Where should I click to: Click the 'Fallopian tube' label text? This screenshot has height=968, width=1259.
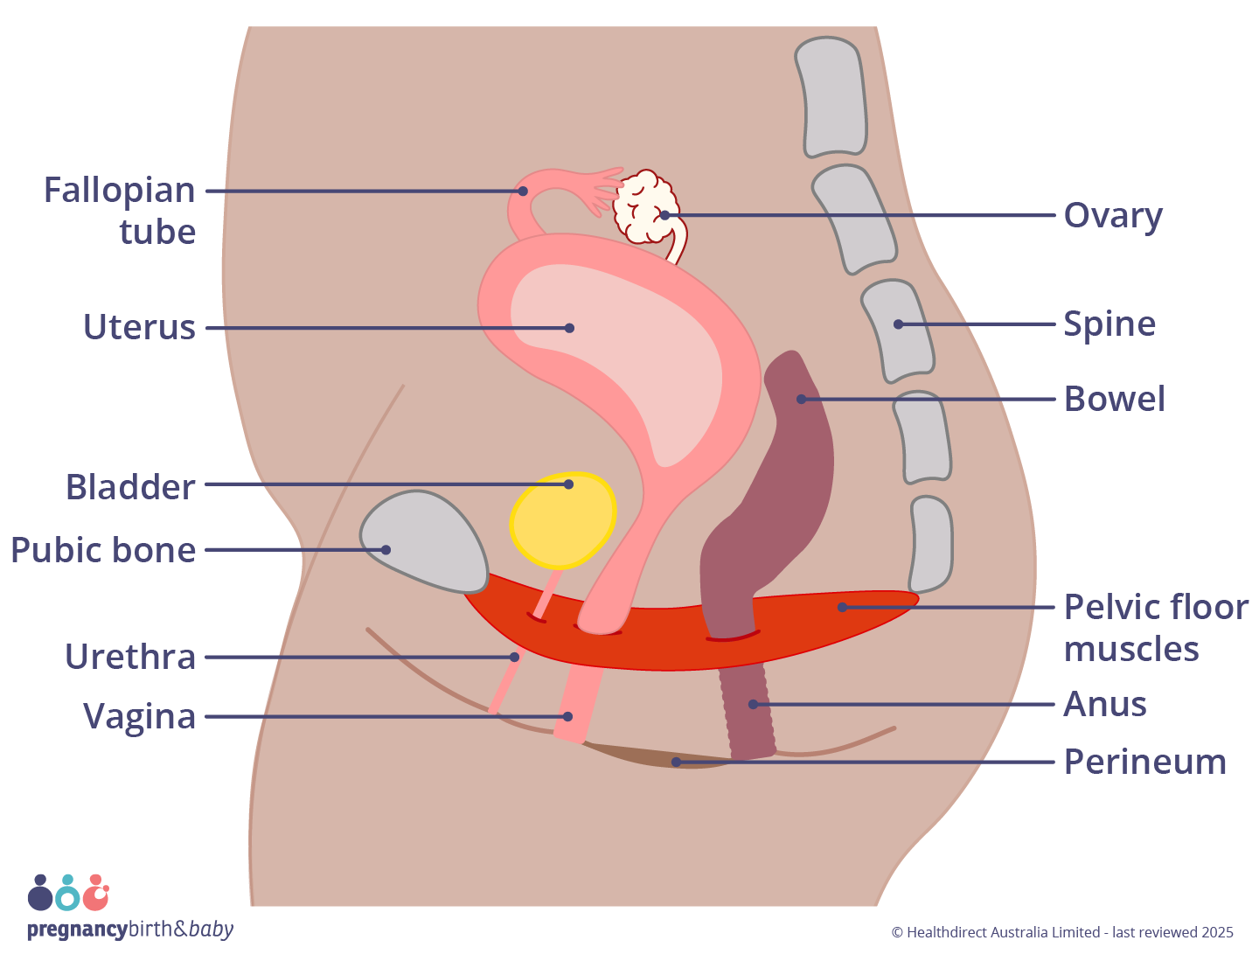(x=120, y=211)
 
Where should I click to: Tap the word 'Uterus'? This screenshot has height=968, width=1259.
(x=139, y=327)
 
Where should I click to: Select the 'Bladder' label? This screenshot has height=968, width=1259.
(x=130, y=487)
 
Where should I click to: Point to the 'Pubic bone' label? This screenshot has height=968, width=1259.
(x=103, y=550)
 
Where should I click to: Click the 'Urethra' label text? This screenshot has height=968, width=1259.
(x=130, y=657)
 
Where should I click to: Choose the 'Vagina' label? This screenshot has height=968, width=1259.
(x=139, y=716)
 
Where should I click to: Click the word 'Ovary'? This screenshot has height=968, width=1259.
(x=1112, y=215)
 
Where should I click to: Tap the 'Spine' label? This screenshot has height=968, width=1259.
(x=1109, y=324)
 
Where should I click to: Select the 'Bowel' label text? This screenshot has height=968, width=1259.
(x=1114, y=399)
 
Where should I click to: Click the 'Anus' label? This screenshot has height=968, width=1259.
(x=1104, y=704)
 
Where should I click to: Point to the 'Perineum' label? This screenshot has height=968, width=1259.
(x=1144, y=762)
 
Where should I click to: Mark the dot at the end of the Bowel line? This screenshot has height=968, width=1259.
(x=801, y=399)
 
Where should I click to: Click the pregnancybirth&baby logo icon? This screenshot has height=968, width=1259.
(x=68, y=894)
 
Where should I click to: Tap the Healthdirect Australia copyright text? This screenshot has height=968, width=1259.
(x=1061, y=932)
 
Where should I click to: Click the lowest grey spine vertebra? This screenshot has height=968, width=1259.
(x=931, y=544)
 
